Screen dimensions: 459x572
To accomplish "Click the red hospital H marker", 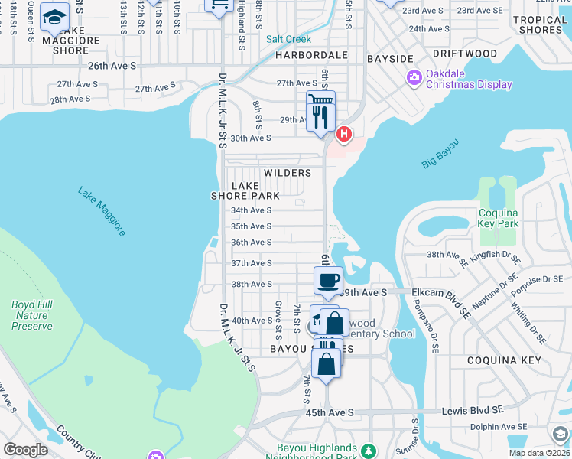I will [344, 135].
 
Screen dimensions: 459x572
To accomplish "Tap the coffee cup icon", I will [328, 279].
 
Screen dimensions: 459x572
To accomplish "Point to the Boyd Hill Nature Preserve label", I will [32, 315].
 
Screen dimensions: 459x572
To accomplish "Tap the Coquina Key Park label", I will [499, 218].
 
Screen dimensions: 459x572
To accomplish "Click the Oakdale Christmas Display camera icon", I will [414, 76].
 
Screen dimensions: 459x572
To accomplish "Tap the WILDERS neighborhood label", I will [288, 173].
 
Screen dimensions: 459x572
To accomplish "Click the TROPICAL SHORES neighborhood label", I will [539, 24].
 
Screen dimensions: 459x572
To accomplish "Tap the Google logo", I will [26, 450].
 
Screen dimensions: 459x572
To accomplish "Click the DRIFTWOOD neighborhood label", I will [464, 54].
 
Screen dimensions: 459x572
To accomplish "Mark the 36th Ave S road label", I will [252, 243].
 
